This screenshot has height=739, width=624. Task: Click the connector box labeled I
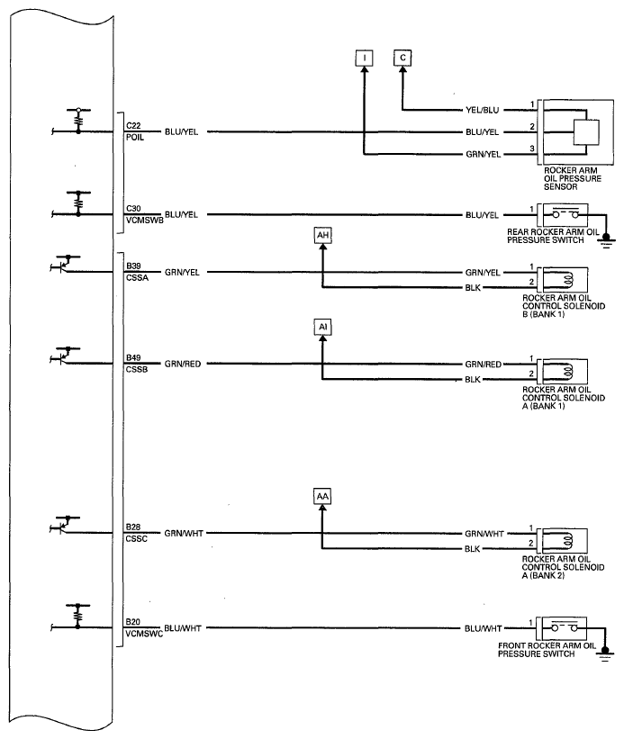[365, 58]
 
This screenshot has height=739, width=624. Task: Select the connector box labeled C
[402, 58]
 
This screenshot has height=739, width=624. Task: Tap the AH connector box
[323, 235]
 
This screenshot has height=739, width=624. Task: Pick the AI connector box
[323, 327]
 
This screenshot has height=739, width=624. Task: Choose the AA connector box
[322, 496]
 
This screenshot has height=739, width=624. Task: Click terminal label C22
[133, 126]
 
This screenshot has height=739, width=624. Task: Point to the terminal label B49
[133, 357]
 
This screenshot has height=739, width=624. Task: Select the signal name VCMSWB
[144, 221]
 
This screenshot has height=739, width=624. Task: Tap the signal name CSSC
[137, 538]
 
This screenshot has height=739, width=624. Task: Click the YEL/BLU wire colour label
[482, 110]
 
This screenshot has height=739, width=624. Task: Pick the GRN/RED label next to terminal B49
[183, 364]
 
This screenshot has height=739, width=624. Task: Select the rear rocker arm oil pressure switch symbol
[565, 215]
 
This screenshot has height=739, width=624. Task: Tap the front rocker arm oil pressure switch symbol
[565, 628]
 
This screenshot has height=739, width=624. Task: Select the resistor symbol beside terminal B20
[78, 615]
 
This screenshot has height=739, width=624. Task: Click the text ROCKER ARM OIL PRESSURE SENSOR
[573, 178]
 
